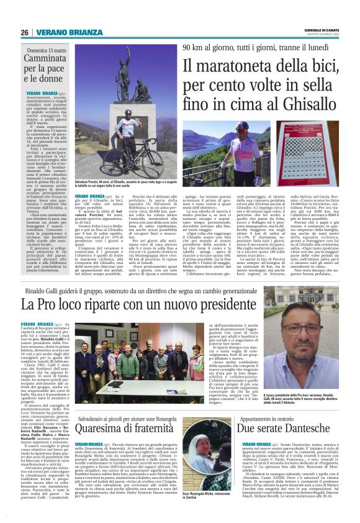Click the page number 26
click(x=24, y=33)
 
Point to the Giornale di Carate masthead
click(x=325, y=30)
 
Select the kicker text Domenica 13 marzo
click(x=47, y=49)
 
